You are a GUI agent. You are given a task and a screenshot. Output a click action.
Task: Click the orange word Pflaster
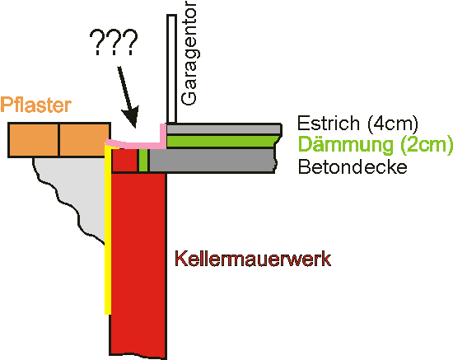point(35,105)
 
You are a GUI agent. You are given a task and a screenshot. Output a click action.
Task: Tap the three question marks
point(114,42)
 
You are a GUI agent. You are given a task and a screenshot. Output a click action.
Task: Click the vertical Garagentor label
point(189,53)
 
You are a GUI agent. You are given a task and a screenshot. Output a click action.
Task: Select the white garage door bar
point(171,68)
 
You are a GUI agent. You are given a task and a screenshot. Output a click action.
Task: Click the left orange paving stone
point(34,140)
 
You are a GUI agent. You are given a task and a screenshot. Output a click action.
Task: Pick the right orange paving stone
point(84,140)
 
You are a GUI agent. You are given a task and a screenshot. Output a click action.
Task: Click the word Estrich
point(329,123)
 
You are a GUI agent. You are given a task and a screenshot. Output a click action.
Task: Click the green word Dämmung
point(346,144)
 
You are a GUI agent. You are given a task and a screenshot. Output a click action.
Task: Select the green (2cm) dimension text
point(427,145)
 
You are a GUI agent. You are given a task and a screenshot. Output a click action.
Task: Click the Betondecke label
point(353,166)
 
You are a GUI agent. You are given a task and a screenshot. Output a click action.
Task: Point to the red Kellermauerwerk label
point(253,259)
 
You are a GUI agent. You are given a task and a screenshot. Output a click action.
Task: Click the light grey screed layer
point(224,129)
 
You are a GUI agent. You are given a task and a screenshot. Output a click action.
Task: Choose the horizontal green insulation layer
point(222,142)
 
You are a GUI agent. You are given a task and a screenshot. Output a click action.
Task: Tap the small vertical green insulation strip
point(143,161)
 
